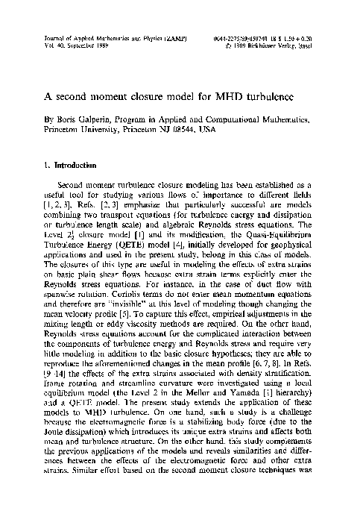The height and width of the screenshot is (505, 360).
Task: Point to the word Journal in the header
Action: [46, 35]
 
